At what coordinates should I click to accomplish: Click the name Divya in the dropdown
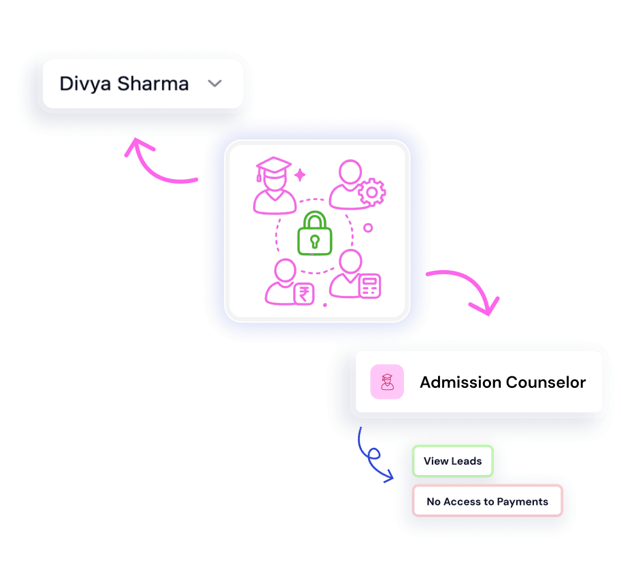86,84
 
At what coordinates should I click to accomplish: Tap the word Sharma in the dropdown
154,84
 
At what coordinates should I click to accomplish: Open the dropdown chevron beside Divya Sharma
215,84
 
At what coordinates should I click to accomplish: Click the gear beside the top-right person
371,193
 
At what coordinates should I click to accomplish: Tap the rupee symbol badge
303,294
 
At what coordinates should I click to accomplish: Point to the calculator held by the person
369,286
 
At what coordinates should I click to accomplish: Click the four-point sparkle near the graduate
300,175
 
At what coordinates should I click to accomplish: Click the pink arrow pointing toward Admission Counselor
467,289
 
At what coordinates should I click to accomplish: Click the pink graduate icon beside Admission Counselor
387,382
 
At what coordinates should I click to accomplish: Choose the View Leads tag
452,461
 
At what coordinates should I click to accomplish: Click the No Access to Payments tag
487,502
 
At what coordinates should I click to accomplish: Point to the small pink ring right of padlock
368,228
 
